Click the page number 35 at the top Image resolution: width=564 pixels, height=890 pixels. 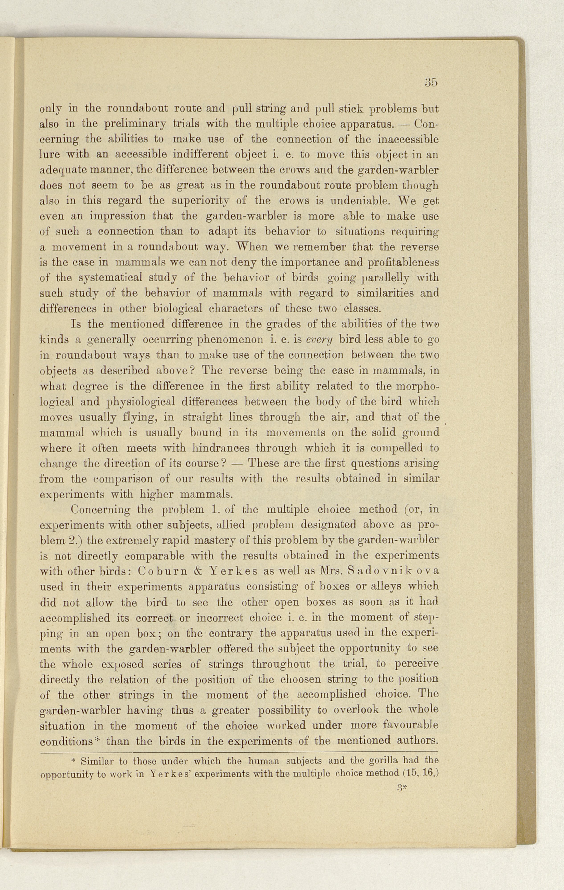coord(431,82)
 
